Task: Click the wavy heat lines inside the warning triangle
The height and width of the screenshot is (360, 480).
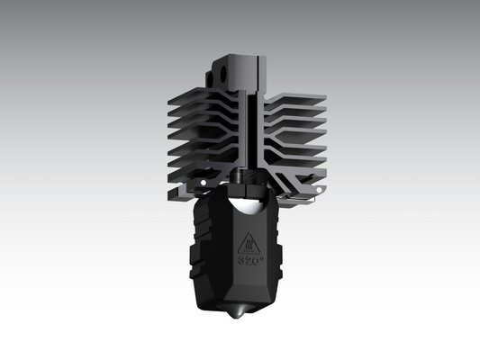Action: pyautogui.click(x=249, y=243)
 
